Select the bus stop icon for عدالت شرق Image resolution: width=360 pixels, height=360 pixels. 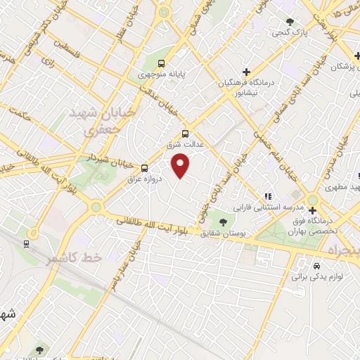coord(186,134)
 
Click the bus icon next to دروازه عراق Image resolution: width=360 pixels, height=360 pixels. coord(144,168)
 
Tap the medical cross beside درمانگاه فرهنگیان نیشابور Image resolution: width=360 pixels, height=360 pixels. coord(246,72)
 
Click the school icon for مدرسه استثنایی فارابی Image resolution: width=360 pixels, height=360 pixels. coord(267,196)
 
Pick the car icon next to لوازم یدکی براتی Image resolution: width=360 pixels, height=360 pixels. coord(317,266)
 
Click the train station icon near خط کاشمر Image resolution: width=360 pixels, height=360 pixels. coord(27,244)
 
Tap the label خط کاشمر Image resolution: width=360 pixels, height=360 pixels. coord(75,258)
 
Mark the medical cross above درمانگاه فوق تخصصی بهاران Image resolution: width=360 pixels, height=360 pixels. coord(312,210)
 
